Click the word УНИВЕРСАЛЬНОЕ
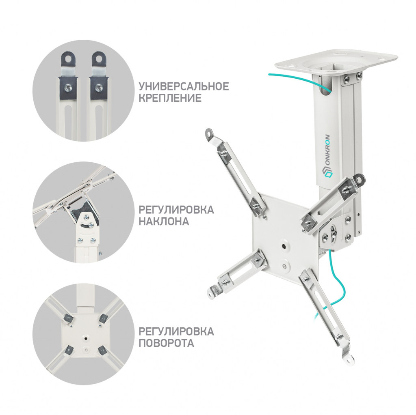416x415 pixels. (x=184, y=86)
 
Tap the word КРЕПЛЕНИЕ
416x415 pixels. (x=170, y=98)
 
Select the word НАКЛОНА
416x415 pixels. (x=164, y=221)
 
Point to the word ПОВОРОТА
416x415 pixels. (x=166, y=343)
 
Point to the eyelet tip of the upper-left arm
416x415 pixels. (x=210, y=133)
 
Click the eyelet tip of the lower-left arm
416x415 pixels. (x=212, y=293)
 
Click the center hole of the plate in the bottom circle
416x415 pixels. (x=85, y=338)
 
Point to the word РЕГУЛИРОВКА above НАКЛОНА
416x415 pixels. (x=176, y=210)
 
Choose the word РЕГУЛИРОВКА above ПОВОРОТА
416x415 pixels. (x=176, y=331)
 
